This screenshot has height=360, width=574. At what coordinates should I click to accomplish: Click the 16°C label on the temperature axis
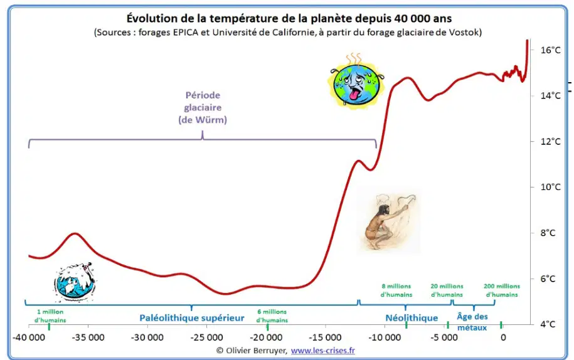point(550,50)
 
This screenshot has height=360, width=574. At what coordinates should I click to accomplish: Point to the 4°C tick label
point(548,324)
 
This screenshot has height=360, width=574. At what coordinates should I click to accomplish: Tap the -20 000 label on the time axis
point(266,337)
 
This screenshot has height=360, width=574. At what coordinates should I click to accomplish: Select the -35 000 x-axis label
point(88,337)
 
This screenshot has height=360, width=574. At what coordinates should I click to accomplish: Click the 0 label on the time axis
point(503,337)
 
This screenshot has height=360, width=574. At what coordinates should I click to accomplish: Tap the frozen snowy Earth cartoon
point(74,282)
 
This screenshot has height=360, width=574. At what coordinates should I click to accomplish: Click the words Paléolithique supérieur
point(192,318)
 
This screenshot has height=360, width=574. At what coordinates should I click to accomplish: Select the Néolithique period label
point(412,318)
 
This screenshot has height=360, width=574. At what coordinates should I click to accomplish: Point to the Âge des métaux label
point(472,322)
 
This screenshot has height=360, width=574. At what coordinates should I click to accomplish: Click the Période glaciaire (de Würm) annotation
point(203,108)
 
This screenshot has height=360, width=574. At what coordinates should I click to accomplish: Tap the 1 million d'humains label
point(50,316)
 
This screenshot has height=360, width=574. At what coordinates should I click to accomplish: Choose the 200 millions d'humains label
point(502,290)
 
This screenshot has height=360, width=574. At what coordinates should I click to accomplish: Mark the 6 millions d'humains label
point(272,316)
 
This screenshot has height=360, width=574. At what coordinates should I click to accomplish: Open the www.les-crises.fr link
point(323,351)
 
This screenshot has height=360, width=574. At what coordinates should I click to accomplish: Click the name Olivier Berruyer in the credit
point(256,351)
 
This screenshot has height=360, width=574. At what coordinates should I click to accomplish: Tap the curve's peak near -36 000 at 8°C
point(75,233)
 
